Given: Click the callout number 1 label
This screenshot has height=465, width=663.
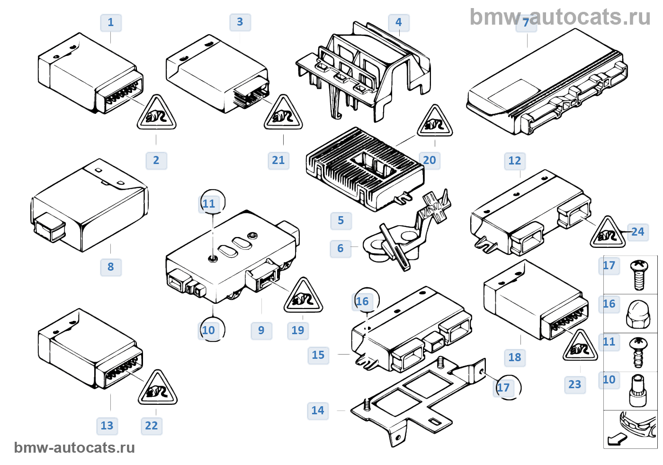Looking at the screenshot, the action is point(111,22).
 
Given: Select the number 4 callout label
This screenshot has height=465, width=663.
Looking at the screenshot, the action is point(399,22).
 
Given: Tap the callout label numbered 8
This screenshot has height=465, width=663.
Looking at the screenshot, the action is point(111,267).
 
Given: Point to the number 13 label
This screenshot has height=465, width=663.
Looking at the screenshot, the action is point(107,426).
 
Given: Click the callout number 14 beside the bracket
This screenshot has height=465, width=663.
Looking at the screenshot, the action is point(318,410).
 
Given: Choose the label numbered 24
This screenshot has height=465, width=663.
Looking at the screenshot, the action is point(638,232).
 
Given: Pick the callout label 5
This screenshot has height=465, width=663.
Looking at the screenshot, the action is point(341,221).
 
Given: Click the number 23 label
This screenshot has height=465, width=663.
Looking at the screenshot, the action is point(575,384).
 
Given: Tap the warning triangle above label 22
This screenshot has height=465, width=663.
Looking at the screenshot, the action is point(157,387).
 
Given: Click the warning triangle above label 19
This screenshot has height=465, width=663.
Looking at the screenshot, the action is point(303,295).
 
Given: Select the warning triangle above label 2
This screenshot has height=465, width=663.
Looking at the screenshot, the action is point(156,112).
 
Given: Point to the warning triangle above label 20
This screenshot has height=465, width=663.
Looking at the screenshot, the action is point(435,120).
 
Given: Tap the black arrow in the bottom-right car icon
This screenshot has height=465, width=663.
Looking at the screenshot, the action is point(617,439).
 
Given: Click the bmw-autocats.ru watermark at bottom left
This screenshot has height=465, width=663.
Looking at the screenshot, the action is point(75,448).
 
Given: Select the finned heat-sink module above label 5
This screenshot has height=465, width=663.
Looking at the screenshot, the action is point(365,169).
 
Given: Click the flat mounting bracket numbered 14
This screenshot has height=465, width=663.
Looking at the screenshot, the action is point(418,401).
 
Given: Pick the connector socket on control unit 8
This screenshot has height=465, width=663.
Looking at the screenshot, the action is point(49,227).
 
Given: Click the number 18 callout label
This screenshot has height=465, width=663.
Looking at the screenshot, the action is point(515,357).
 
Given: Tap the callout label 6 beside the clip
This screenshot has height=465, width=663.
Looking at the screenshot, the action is point(340,248).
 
